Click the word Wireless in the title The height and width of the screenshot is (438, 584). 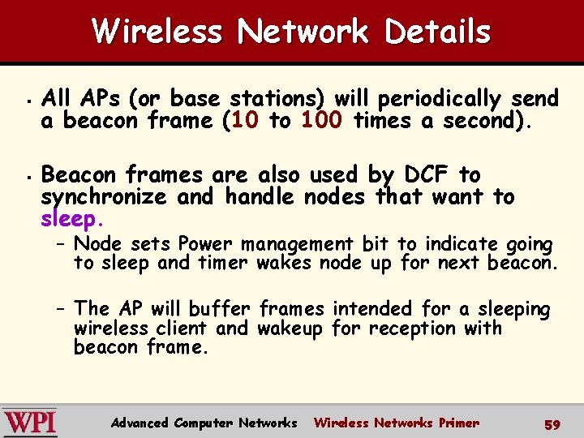pos(157,32)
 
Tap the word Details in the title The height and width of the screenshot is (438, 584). pos(438,32)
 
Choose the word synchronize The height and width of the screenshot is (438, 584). pos(104,197)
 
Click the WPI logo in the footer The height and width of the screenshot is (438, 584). pos(29,423)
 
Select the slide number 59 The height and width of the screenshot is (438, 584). pos(552,423)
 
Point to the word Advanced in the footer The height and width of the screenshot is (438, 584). pos(140,423)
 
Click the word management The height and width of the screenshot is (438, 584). pos(297,243)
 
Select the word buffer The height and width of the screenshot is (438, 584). pos(221,309)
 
